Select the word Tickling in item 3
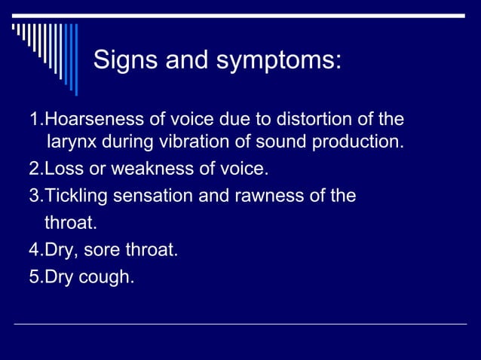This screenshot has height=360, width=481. [x=73, y=197]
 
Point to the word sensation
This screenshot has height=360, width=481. [x=149, y=197]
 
